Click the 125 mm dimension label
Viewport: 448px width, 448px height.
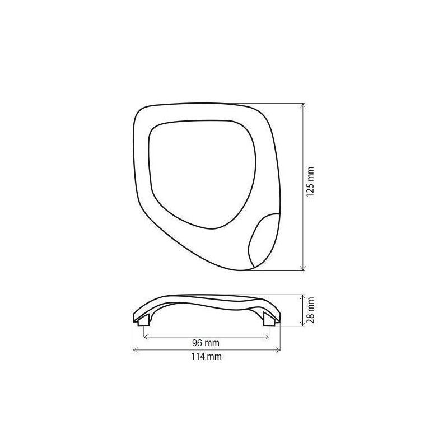tap(310, 181)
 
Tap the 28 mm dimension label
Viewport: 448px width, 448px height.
tap(310, 310)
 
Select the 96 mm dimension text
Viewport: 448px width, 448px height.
tap(206, 343)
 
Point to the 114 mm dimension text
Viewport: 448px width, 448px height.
tap(206, 356)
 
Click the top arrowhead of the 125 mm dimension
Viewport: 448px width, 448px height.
tap(304, 105)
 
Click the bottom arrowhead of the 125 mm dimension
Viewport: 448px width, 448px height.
tap(304, 268)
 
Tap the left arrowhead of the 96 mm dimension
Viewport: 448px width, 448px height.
tap(146, 337)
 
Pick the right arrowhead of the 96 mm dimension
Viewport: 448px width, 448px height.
tap(267, 337)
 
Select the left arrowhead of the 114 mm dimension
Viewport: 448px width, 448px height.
tap(136, 349)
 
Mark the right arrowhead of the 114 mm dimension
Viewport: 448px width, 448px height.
tap(278, 349)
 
